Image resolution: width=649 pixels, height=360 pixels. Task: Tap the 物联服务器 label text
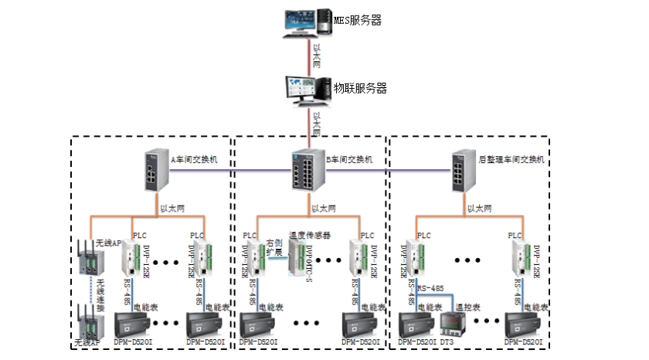pos(360,88)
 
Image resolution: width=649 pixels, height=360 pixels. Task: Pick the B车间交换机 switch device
pos(307,166)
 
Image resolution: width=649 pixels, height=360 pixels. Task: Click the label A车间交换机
pos(195,160)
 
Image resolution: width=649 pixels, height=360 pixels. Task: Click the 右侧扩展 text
pos(274,247)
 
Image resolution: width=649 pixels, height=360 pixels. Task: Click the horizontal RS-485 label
pos(431,289)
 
